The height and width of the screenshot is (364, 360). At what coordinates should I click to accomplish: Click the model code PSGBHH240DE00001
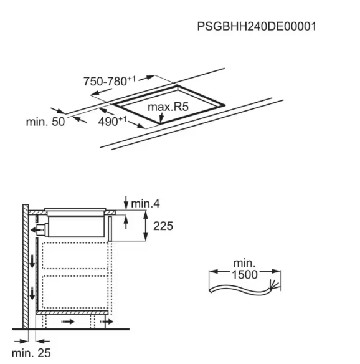tap(257, 26)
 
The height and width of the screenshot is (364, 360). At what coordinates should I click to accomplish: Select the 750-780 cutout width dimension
tap(110, 81)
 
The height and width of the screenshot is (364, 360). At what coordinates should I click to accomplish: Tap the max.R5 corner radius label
tap(168, 107)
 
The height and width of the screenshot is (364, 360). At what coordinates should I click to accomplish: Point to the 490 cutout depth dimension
tap(113, 122)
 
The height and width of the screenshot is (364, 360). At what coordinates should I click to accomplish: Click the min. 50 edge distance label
tap(45, 122)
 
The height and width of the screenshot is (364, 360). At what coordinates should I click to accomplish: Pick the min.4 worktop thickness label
tap(146, 204)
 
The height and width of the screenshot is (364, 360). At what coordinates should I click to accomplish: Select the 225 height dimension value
tap(163, 226)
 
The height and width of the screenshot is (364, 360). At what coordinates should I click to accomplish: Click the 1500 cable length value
tap(245, 275)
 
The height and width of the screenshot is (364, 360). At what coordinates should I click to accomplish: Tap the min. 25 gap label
tap(31, 353)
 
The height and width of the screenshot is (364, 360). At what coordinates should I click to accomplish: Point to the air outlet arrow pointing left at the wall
tap(37, 230)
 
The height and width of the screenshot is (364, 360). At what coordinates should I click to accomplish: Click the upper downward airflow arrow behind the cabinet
tap(32, 261)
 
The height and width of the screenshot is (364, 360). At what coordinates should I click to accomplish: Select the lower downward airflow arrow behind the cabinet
tap(32, 293)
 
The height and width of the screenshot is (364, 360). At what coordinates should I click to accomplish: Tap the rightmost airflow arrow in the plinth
tap(107, 322)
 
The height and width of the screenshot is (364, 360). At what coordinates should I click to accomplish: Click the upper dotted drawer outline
tap(75, 256)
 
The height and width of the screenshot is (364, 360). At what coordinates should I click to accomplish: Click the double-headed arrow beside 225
tap(146, 226)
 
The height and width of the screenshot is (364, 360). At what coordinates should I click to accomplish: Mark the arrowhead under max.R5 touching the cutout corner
tap(160, 120)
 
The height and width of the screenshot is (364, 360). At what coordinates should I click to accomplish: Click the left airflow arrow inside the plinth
tap(68, 322)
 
